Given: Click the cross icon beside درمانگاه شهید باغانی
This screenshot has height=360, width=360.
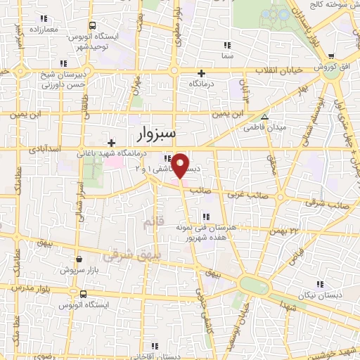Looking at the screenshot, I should click(111, 143).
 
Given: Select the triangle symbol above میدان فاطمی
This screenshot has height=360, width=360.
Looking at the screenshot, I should click(265, 117).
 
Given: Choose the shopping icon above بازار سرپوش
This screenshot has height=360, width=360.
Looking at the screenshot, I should click(79, 259).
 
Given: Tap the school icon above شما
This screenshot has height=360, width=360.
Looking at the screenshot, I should click(226, 45).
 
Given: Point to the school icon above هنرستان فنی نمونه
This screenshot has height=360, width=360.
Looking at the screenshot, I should click(207, 217).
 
